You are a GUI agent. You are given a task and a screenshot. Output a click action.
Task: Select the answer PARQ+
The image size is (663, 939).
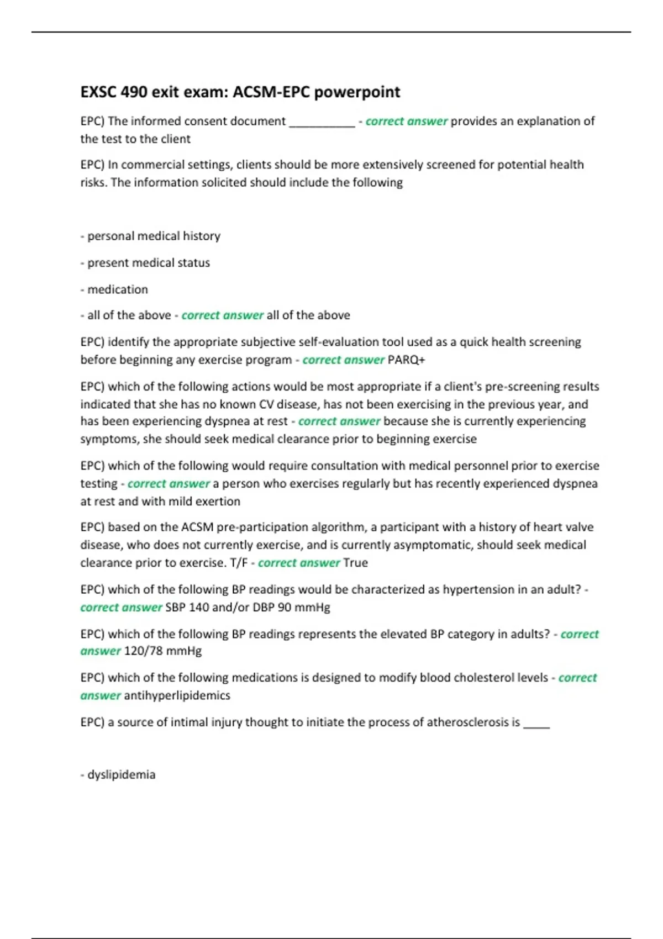point(407,360)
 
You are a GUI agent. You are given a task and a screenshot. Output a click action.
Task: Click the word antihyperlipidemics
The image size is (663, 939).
point(177,695)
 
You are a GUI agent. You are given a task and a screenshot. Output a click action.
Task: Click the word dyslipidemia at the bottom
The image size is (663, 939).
point(121,774)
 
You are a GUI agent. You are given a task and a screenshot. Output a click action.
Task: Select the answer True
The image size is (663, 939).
point(355,563)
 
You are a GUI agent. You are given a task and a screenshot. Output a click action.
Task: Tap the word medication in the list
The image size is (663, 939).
point(117,289)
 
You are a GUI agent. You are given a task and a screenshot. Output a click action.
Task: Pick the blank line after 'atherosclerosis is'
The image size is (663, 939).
point(536,724)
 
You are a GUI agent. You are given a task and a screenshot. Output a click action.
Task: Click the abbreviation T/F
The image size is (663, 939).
point(239,563)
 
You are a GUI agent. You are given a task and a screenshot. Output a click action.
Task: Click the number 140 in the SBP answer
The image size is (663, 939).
point(198,608)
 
